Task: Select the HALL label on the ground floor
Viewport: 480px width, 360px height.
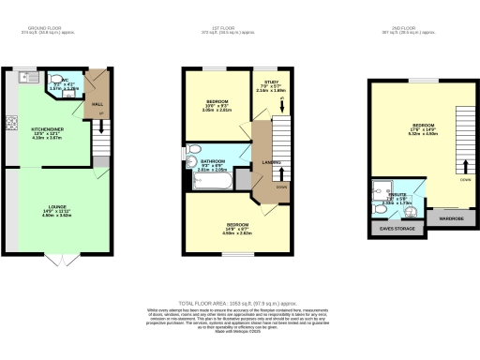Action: (x=98, y=105)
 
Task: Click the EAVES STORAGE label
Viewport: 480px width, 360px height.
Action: (x=397, y=229)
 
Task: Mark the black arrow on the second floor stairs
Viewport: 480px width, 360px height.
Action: (x=465, y=169)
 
